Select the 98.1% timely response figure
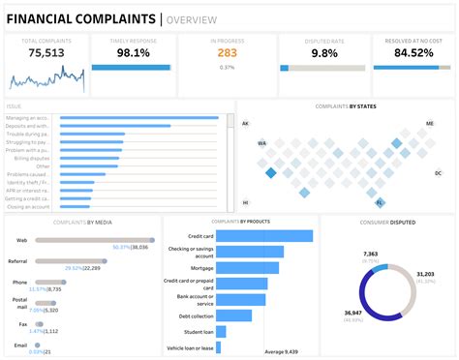coord(132,52)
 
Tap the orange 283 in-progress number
coord(227,53)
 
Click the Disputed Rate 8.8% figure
coord(321,52)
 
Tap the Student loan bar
coord(221,331)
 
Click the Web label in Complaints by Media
coord(21,239)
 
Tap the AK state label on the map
coord(246,124)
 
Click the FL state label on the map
coord(380,202)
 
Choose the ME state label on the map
coord(430,124)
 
